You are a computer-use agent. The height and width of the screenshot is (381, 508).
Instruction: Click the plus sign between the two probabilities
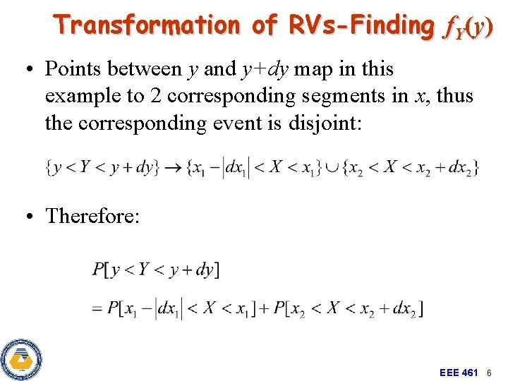(x=259, y=308)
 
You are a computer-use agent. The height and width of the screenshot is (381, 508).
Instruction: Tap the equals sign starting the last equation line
(x=97, y=308)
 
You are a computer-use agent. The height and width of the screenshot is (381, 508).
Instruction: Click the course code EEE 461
(x=459, y=372)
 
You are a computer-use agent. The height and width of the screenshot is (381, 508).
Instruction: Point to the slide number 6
(x=488, y=372)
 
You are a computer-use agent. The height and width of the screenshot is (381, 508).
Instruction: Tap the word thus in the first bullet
(x=454, y=96)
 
